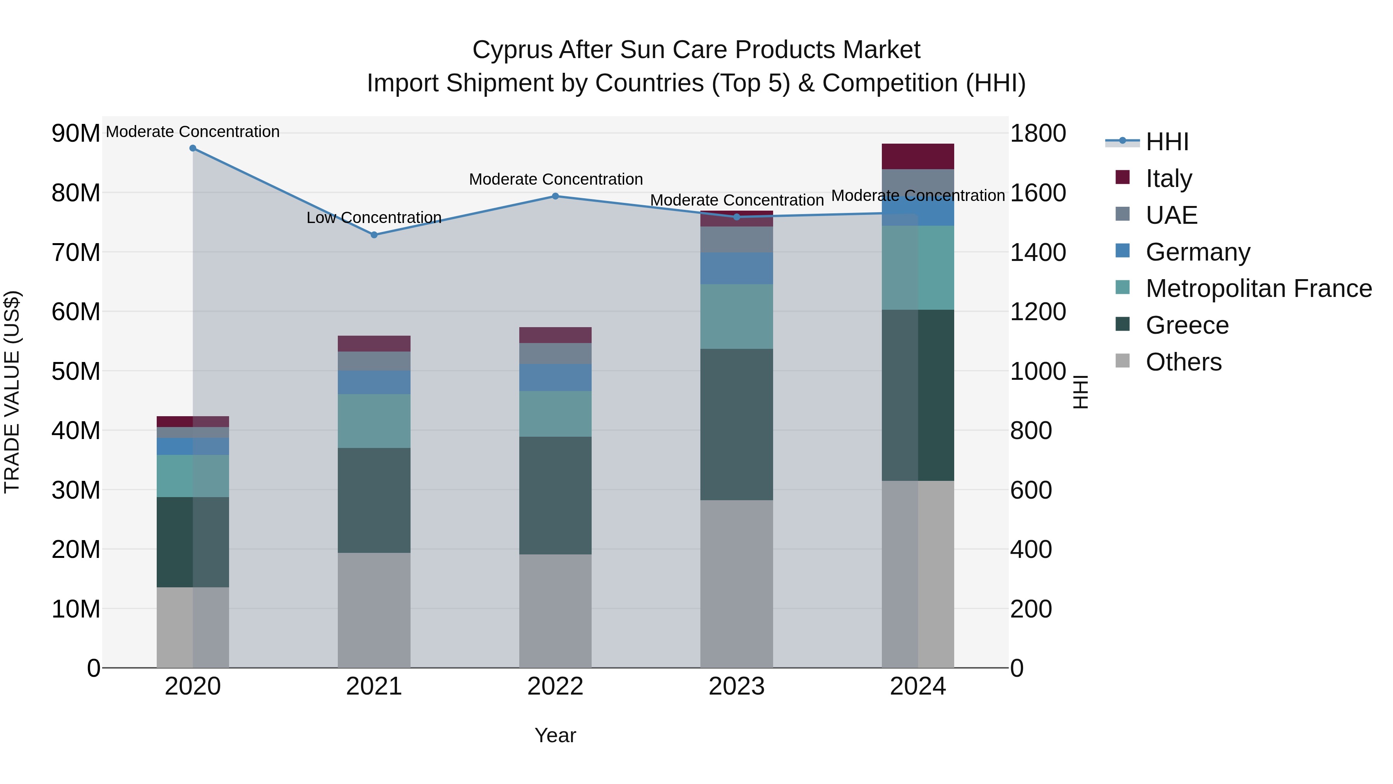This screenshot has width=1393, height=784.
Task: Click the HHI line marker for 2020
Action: (193, 148)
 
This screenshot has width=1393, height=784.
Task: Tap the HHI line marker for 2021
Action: (374, 235)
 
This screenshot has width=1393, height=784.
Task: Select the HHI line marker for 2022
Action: (555, 196)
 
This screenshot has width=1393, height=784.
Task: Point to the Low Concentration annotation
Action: (374, 218)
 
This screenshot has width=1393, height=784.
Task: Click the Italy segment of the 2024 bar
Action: (918, 156)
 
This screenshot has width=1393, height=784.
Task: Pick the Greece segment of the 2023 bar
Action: (736, 424)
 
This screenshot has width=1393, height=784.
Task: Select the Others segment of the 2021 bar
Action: (374, 610)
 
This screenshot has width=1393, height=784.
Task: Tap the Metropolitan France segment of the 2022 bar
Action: (555, 414)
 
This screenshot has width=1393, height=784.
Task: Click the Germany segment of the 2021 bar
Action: (374, 382)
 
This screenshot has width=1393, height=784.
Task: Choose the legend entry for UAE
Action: (1171, 215)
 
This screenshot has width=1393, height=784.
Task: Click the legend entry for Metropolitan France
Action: (1258, 288)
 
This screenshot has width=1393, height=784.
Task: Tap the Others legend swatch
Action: (1122, 361)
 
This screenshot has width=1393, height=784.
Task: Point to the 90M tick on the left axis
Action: (76, 133)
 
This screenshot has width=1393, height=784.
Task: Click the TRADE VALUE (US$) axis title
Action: (12, 392)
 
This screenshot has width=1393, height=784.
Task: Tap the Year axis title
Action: (555, 735)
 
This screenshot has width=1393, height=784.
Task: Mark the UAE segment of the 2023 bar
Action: (736, 240)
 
